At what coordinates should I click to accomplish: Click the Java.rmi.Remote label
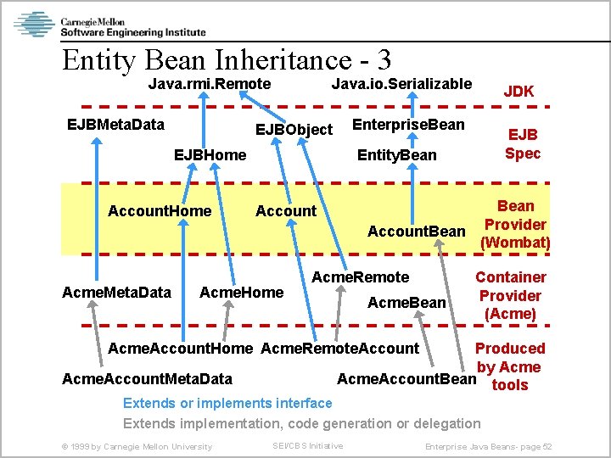[209, 84]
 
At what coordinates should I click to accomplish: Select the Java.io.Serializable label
[401, 84]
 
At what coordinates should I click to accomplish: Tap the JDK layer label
[519, 92]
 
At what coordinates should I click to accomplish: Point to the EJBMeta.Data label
[115, 126]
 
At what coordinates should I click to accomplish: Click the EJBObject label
[294, 130]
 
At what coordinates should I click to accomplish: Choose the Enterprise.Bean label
[408, 126]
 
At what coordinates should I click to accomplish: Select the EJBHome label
[210, 155]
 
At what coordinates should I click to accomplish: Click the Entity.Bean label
[396, 155]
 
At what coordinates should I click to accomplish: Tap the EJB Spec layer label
[522, 144]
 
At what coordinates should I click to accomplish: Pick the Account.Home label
[160, 211]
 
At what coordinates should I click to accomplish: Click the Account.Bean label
[416, 232]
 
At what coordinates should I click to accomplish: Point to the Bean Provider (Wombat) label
[515, 225]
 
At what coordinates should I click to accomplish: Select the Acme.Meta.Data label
[116, 293]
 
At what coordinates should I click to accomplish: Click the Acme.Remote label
[361, 277]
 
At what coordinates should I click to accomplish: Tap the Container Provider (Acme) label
[510, 295]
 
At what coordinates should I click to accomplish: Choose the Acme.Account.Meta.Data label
[147, 378]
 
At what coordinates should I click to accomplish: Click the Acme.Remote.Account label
[339, 349]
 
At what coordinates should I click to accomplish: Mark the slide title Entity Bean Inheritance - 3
[227, 60]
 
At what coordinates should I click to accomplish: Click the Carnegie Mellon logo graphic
[34, 25]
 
